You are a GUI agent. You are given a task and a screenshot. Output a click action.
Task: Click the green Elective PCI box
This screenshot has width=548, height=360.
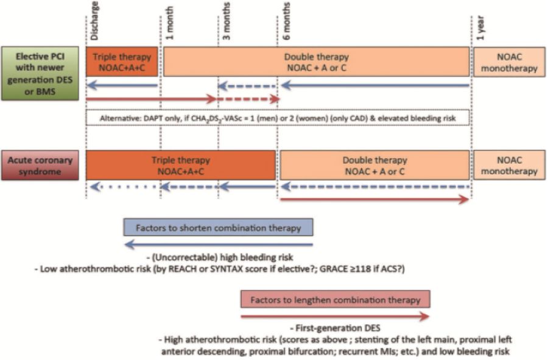pyautogui.click(x=40, y=74)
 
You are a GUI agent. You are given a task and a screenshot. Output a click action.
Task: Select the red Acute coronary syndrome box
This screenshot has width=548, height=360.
pyautogui.click(x=40, y=165)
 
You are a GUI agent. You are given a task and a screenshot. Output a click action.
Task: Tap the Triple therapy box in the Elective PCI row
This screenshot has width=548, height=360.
pyautogui.click(x=122, y=62)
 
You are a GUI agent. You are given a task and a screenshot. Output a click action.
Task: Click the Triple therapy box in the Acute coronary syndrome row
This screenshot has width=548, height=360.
pyautogui.click(x=181, y=165)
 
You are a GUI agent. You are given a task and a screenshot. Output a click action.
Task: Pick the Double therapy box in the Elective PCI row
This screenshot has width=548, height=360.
pyautogui.click(x=316, y=62)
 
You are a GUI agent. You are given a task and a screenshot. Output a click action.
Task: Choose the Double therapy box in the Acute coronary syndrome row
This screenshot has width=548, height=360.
pyautogui.click(x=374, y=165)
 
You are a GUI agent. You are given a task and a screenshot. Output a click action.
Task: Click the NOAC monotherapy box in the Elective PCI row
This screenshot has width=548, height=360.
pyautogui.click(x=509, y=62)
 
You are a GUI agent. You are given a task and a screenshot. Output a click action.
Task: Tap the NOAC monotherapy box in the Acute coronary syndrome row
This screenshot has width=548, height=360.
pyautogui.click(x=509, y=165)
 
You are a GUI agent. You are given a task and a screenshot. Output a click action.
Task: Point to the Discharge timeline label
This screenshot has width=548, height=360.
pyautogui.click(x=94, y=21)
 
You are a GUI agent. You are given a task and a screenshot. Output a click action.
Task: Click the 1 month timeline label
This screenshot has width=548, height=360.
pyautogui.click(x=169, y=23)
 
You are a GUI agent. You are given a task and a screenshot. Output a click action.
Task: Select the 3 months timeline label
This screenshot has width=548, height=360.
pyautogui.click(x=227, y=21)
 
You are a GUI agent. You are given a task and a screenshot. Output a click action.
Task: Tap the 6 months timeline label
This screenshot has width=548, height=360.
pyautogui.click(x=286, y=21)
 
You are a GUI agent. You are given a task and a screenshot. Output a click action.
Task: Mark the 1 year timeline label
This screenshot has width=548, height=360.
pyautogui.click(x=480, y=28)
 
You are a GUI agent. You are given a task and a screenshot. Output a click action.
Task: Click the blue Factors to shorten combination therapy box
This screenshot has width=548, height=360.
pyautogui.click(x=218, y=228)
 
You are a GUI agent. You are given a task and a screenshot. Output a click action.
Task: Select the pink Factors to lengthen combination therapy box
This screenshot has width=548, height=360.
pyautogui.click(x=335, y=300)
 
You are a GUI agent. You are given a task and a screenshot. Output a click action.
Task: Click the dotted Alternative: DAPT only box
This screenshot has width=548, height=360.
pyautogui.click(x=278, y=118)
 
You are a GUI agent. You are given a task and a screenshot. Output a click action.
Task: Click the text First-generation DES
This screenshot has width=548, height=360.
pyautogui.click(x=335, y=328)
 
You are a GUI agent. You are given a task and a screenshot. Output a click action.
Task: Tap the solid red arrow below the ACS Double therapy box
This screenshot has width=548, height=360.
pyautogui.click(x=374, y=200)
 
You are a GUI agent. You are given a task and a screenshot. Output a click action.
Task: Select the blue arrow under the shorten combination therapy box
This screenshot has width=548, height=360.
pyautogui.click(x=219, y=244)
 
